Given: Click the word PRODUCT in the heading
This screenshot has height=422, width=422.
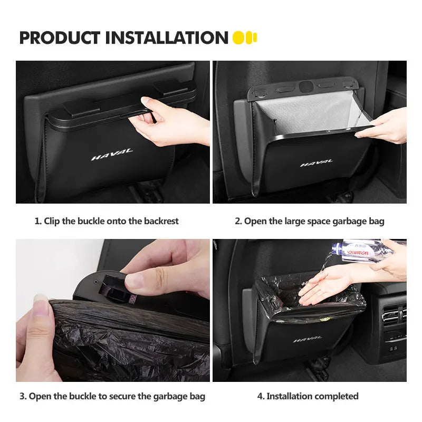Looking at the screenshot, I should pos(60,38).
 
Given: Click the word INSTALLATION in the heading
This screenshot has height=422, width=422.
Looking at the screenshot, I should pos(167,38).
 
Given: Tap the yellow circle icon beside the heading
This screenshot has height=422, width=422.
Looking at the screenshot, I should pos(239,38).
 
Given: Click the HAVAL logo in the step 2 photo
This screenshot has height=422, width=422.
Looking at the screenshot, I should pos(316,163).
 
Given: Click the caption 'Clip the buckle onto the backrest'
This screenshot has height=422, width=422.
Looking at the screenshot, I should pos(111,221).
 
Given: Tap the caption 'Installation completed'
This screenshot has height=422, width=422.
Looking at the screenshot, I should pos(312,396).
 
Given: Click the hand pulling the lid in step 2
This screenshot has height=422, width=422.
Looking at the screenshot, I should pos(384,127).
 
